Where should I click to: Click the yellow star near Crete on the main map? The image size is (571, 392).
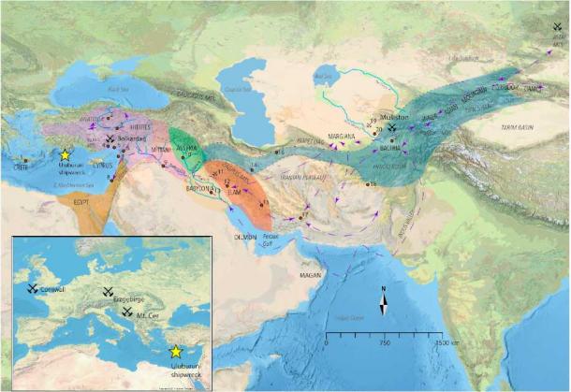point(65,154)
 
